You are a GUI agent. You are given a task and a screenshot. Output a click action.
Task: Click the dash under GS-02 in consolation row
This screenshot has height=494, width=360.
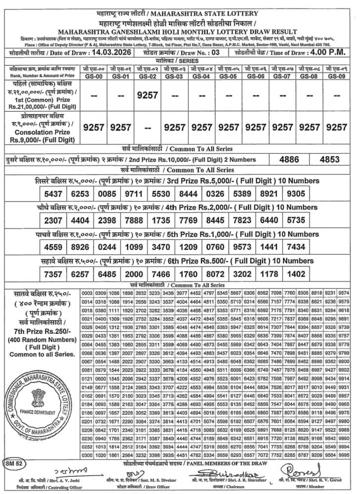tap(147, 127)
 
